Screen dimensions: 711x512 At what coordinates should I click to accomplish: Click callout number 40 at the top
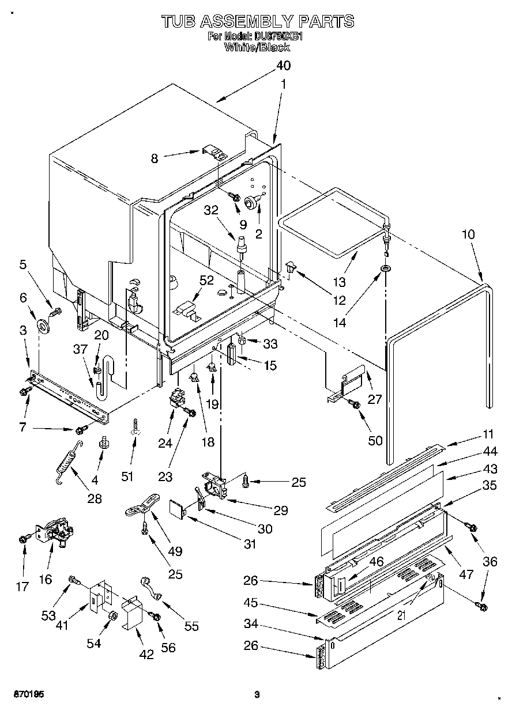point(284,66)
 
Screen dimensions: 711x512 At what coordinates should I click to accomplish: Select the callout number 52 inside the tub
point(206,280)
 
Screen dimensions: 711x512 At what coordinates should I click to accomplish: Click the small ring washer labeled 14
point(385,269)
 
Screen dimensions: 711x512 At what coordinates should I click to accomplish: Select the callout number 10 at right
point(469,235)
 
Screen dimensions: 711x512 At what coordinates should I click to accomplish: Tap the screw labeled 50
point(355,406)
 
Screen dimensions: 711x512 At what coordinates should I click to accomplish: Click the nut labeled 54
point(112,617)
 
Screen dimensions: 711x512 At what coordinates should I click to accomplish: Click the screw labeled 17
point(24,539)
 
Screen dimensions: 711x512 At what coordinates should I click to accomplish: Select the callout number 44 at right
point(490,453)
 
